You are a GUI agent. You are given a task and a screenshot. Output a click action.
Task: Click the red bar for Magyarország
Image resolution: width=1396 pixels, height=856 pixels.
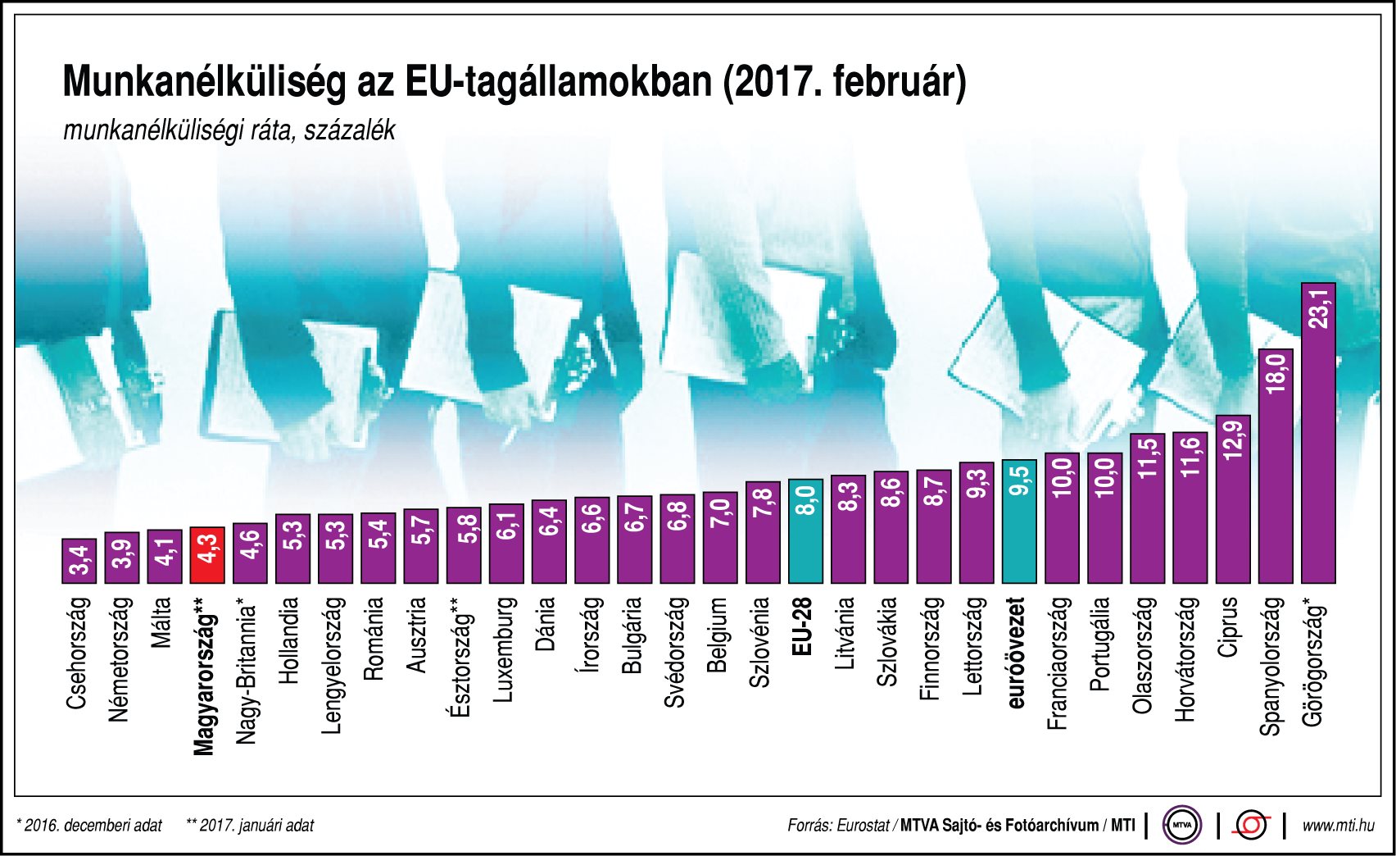[206, 555]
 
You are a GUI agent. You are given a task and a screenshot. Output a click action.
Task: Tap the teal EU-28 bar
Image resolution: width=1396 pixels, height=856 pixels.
[805, 531]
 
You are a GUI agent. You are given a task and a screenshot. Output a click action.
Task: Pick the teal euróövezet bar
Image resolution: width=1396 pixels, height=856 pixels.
[1019, 521]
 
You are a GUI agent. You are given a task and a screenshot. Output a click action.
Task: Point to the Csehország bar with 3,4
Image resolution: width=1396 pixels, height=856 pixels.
[79, 562]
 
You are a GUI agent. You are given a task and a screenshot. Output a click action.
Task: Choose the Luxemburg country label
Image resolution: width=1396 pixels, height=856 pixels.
[505, 649]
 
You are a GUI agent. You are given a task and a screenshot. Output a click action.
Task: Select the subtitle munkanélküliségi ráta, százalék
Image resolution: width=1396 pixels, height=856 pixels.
[229, 130]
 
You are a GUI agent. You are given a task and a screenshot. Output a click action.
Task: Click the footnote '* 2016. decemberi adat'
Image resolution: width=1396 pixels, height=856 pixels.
[89, 825]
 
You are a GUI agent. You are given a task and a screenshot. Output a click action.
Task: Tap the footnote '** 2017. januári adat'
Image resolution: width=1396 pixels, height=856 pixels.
[250, 825]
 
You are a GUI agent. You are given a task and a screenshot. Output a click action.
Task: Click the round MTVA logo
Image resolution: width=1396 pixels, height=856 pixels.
[1182, 825]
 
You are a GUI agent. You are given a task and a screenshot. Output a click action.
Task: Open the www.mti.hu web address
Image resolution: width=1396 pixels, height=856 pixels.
[1338, 825]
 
